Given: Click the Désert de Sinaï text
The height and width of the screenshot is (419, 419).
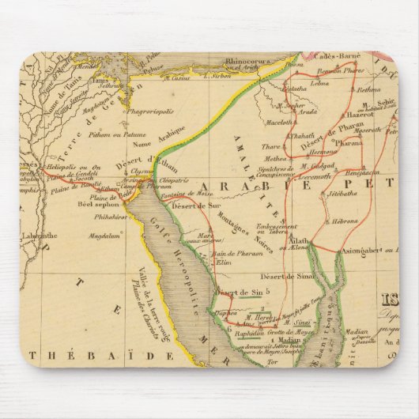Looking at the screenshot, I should pos(292,277).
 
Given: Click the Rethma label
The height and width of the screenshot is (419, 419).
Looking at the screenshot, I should pos(368,90).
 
